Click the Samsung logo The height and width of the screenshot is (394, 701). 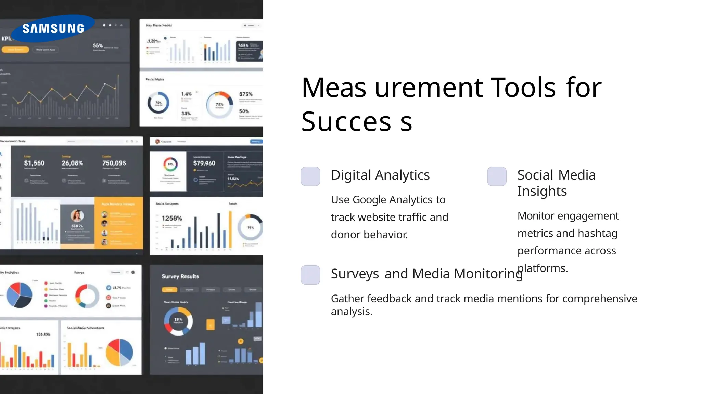pyautogui.click(x=53, y=28)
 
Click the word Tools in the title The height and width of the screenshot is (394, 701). pyautogui.click(x=523, y=88)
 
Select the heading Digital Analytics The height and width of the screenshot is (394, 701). pyautogui.click(x=380, y=175)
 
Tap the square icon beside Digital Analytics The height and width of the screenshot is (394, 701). pyautogui.click(x=310, y=176)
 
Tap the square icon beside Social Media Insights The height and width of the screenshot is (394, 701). pyautogui.click(x=497, y=176)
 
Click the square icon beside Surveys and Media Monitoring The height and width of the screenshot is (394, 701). pyautogui.click(x=310, y=275)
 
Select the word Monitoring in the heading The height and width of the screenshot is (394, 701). pyautogui.click(x=488, y=274)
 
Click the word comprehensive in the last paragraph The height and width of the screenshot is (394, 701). pyautogui.click(x=599, y=299)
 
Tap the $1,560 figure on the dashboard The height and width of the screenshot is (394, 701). pyautogui.click(x=34, y=163)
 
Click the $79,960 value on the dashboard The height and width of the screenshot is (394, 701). pyautogui.click(x=204, y=163)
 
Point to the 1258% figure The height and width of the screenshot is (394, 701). pyautogui.click(x=172, y=218)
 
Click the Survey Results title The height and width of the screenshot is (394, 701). pyautogui.click(x=180, y=276)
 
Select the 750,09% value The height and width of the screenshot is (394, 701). pyautogui.click(x=114, y=163)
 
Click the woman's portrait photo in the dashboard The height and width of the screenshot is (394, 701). pyautogui.click(x=77, y=216)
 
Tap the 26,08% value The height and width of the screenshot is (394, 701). pyautogui.click(x=72, y=163)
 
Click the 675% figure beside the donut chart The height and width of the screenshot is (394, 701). pyautogui.click(x=246, y=94)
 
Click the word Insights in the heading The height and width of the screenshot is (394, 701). pyautogui.click(x=542, y=191)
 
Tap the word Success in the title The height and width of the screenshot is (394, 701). pyautogui.click(x=356, y=122)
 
